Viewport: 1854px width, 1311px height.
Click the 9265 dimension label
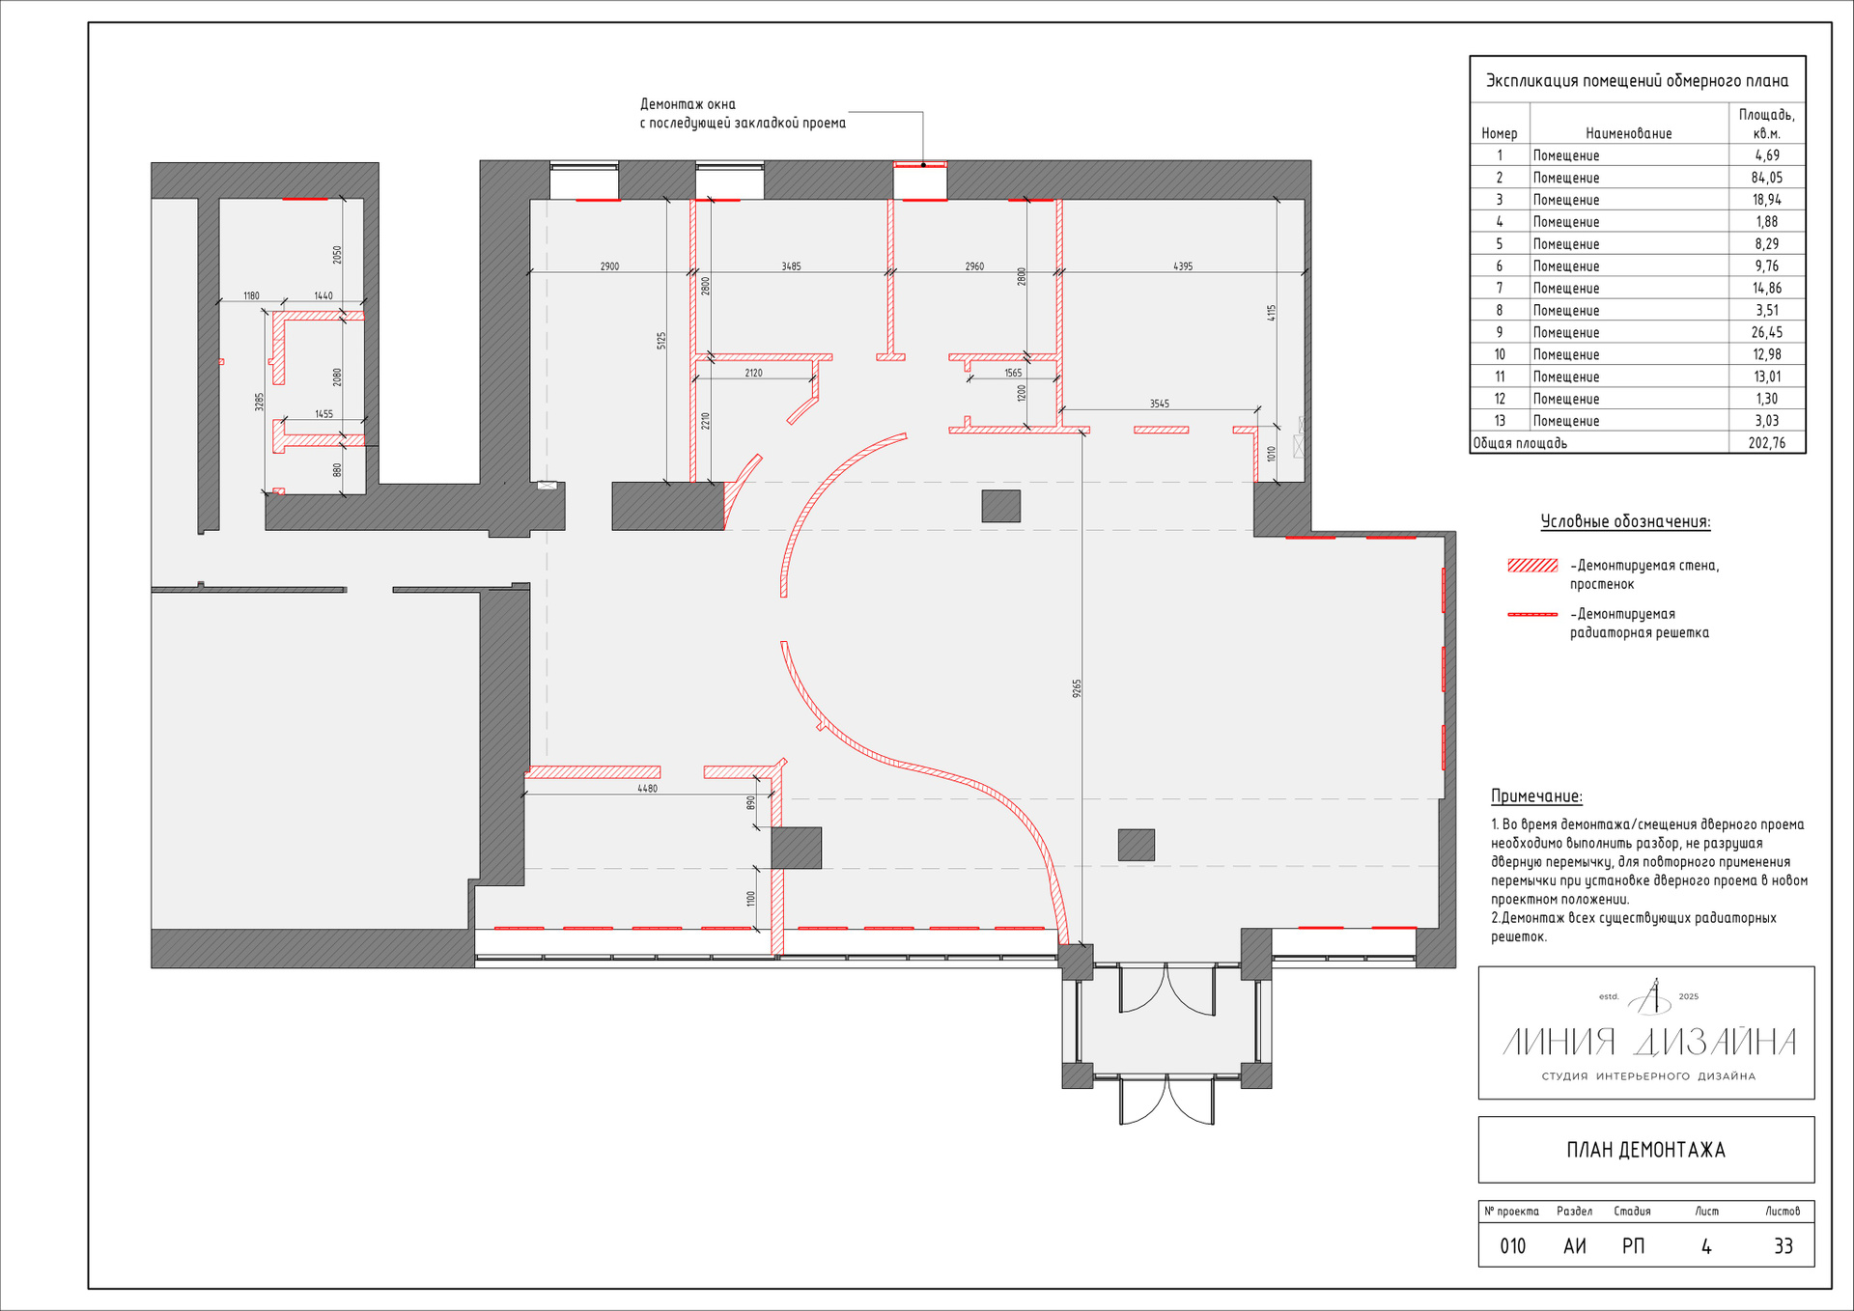pyautogui.click(x=1077, y=688)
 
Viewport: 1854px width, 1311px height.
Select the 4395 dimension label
pyautogui.click(x=1183, y=266)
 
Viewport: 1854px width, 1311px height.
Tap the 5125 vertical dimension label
pyautogui.click(x=661, y=341)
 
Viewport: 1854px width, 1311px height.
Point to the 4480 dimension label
pyautogui.click(x=647, y=789)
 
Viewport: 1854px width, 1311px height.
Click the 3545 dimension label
pyautogui.click(x=1159, y=404)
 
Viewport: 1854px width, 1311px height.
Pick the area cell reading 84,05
pyautogui.click(x=1767, y=178)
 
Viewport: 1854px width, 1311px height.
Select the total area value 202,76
pyautogui.click(x=1767, y=443)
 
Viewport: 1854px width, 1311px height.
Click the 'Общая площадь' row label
pyautogui.click(x=1520, y=443)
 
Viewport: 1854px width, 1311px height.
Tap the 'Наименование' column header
pyautogui.click(x=1629, y=133)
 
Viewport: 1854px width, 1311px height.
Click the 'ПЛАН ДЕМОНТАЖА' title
pyautogui.click(x=1645, y=1150)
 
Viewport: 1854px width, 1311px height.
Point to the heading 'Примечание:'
pyautogui.click(x=1536, y=796)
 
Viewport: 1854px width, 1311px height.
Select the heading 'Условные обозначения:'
pyautogui.click(x=1625, y=521)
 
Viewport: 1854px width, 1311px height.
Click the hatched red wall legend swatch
pyautogui.click(x=1532, y=566)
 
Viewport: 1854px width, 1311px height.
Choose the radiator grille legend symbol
pyautogui.click(x=1532, y=614)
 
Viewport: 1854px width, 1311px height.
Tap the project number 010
pyautogui.click(x=1513, y=1246)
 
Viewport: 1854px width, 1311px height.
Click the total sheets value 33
pyautogui.click(x=1784, y=1246)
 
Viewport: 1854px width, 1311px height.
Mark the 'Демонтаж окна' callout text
pyautogui.click(x=688, y=104)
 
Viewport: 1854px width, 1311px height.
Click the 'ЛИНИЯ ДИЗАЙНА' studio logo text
pyautogui.click(x=1649, y=1043)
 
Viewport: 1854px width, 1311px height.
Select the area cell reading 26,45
pyautogui.click(x=1767, y=332)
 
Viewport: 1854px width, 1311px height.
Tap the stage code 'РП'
pyautogui.click(x=1633, y=1246)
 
